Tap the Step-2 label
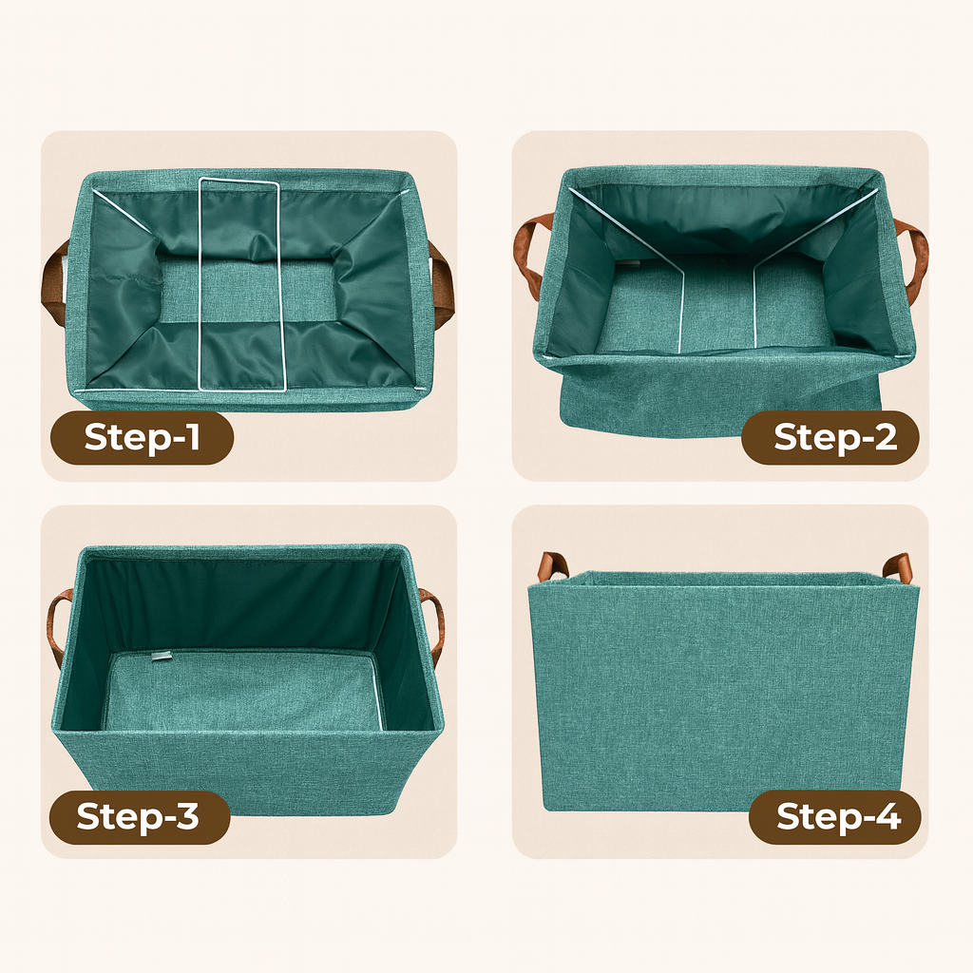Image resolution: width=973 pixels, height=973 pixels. (x=831, y=437)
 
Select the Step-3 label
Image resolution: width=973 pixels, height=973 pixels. (x=139, y=817)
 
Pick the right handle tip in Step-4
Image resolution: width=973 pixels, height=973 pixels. (x=898, y=567)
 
